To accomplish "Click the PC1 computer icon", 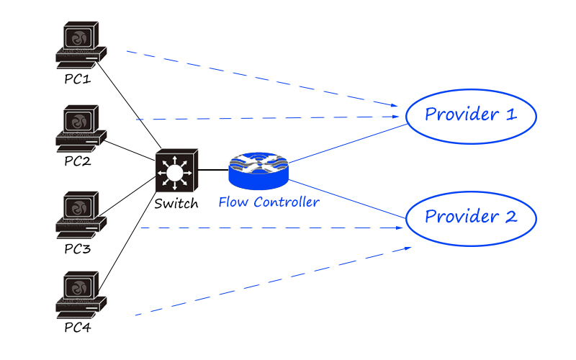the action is pyautogui.click(x=81, y=45).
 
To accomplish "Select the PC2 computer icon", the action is pyautogui.click(x=81, y=129).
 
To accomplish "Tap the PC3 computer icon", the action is pyautogui.click(x=81, y=215).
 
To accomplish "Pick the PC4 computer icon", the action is pyautogui.click(x=81, y=295).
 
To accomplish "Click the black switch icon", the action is pyautogui.click(x=176, y=171).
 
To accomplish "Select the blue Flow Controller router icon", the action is pyautogui.click(x=258, y=171).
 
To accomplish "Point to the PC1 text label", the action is pyautogui.click(x=78, y=79).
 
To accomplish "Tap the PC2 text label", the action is pyautogui.click(x=78, y=161).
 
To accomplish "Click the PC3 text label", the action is pyautogui.click(x=78, y=249).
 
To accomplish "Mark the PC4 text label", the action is pyautogui.click(x=78, y=328).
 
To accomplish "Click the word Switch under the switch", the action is pyautogui.click(x=176, y=204).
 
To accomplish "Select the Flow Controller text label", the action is pyautogui.click(x=269, y=202).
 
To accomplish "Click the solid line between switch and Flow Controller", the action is pyautogui.click(x=213, y=170).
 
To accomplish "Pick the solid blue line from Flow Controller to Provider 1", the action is pyautogui.click(x=348, y=143).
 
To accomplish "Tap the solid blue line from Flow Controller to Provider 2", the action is pyautogui.click(x=348, y=199).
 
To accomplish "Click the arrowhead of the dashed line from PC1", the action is pyautogui.click(x=395, y=105).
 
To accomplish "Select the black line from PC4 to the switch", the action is pyautogui.click(x=127, y=242).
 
